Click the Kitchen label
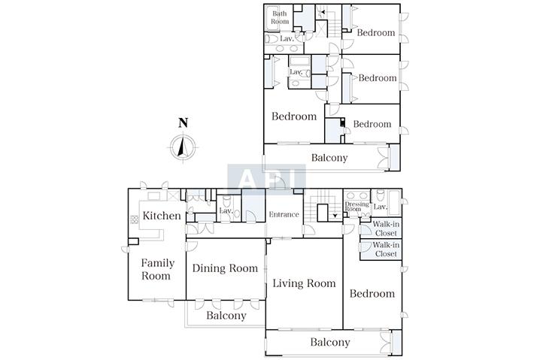click(x=162, y=216)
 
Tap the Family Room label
click(x=157, y=269)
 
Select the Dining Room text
click(x=225, y=268)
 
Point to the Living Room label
click(x=304, y=283)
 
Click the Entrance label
click(x=284, y=214)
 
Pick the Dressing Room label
click(x=357, y=207)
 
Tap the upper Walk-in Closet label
click(x=386, y=228)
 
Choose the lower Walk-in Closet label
click(x=386, y=249)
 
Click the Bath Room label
click(x=280, y=17)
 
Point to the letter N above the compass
click(x=184, y=123)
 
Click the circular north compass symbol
click(x=184, y=147)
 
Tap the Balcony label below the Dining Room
click(x=226, y=316)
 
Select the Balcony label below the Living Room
click(x=330, y=342)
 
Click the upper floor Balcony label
click(x=329, y=158)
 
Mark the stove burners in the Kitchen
click(x=135, y=219)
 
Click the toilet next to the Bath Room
click(x=272, y=38)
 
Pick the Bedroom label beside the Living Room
click(x=372, y=293)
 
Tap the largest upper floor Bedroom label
click(x=294, y=116)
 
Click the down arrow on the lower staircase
click(x=335, y=216)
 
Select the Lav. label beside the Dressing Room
click(x=381, y=207)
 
